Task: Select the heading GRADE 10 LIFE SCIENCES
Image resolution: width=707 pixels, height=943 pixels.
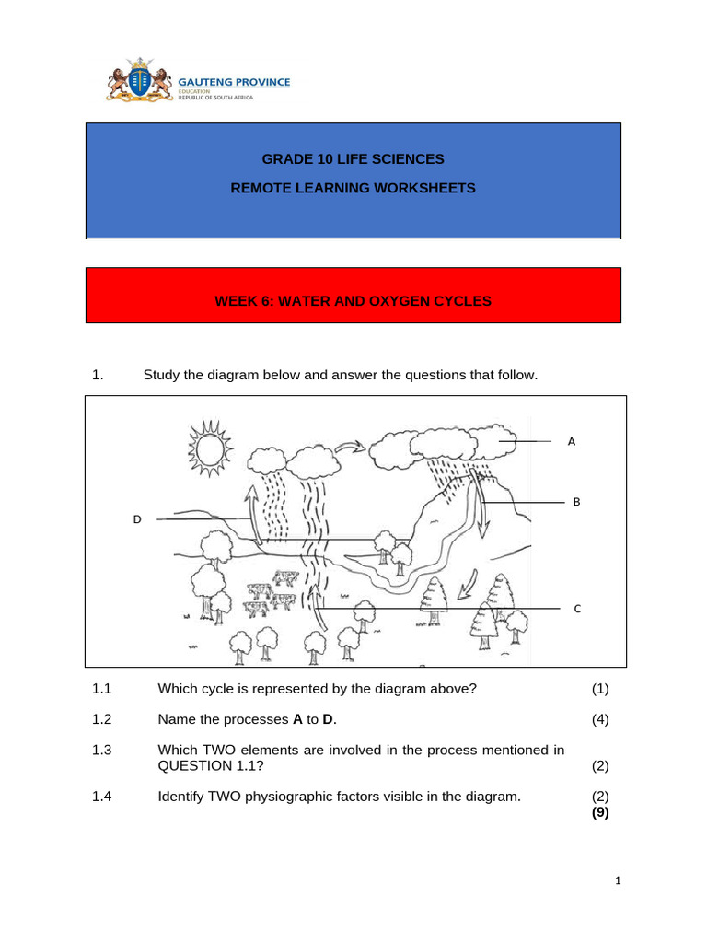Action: [353, 159]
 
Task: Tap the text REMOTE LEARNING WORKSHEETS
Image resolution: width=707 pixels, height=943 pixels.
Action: [353, 188]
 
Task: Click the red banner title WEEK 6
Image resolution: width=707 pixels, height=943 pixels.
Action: [353, 300]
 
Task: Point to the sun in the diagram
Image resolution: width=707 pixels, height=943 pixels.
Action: [206, 447]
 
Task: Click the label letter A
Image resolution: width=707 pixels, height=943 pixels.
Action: [572, 442]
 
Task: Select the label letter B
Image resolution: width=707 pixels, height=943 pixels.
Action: [577, 502]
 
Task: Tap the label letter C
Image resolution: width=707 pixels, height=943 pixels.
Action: [577, 609]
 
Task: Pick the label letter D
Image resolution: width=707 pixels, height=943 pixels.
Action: [137, 519]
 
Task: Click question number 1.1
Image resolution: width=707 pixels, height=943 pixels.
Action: [101, 689]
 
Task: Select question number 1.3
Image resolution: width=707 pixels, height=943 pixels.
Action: [101, 751]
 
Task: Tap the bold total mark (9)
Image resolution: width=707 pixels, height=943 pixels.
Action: [600, 812]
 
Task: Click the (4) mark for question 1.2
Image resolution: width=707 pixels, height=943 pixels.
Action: [600, 719]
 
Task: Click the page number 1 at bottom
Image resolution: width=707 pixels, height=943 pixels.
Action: [619, 881]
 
